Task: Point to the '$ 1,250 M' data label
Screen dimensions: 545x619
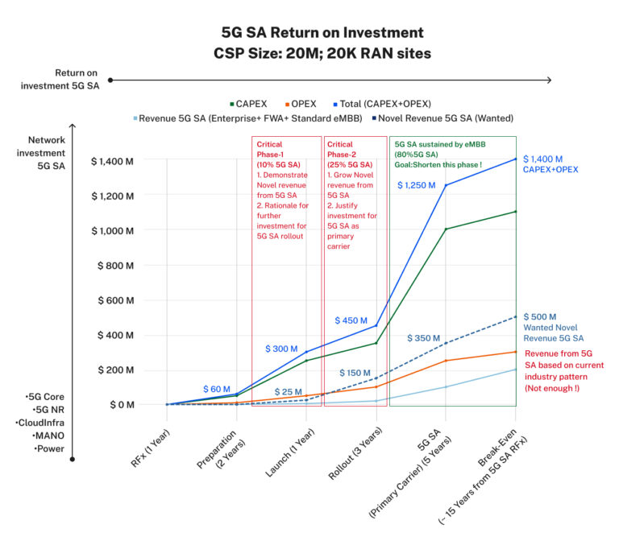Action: [416, 185]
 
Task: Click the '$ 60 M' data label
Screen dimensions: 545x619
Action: [217, 389]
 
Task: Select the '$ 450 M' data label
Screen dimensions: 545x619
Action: [352, 320]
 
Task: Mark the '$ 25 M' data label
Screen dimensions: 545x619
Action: [288, 392]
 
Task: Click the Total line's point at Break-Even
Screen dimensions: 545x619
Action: [516, 159]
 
